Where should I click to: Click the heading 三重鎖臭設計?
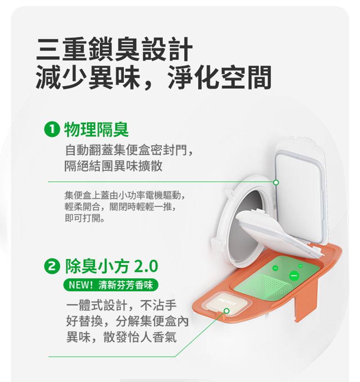pos(114,49)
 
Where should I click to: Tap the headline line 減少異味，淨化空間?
pos(153,77)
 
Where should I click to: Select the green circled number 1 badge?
pos(52,129)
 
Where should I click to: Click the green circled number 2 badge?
pos(52,266)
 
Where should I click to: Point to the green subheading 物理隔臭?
pos(96,129)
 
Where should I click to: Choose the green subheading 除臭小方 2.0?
pos(112,266)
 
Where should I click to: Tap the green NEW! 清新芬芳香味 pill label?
pos(111,285)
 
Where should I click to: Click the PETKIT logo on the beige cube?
pos(227,302)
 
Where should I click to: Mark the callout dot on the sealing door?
pos(276,182)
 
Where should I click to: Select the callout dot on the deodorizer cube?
pos(227,311)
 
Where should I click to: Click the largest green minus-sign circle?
pos(294,275)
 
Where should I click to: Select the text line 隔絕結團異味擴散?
pos(113,166)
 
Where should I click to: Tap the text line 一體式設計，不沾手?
pos(121,305)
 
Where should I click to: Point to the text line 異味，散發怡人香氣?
pos(121,338)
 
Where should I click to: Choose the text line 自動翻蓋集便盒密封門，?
pos(129,150)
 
